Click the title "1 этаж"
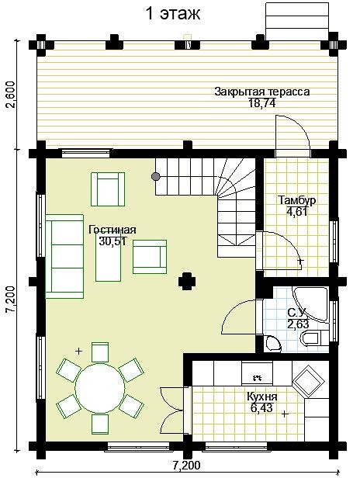click(173, 14)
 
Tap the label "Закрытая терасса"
click(262, 92)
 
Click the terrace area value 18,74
click(262, 103)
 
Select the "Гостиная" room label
click(112, 230)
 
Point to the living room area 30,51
click(112, 241)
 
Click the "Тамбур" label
click(297, 200)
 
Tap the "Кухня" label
click(261, 397)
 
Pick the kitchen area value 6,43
click(261, 408)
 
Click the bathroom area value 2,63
click(298, 324)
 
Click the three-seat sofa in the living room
click(64, 256)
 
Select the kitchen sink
click(258, 372)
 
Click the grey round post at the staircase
click(156, 176)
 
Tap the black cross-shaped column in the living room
click(187, 281)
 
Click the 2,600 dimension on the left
click(11, 95)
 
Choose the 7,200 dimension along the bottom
click(186, 466)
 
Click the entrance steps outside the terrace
click(297, 21)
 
